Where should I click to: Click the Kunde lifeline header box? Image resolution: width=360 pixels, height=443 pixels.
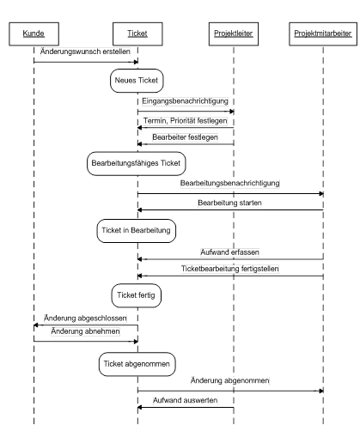pos(34,33)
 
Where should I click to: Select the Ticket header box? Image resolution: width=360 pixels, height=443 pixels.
pos(137,33)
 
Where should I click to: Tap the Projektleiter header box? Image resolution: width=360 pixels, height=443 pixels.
pos(234,33)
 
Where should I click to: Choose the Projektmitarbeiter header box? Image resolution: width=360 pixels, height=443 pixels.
pos(323,33)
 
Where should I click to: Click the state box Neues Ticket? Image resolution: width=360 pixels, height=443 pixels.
pos(137,81)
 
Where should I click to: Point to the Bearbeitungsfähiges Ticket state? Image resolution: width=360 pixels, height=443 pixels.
pos(136,163)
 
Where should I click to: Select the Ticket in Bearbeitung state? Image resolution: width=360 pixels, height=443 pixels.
pos(136,231)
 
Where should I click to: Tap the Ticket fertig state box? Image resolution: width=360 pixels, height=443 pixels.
pos(136,295)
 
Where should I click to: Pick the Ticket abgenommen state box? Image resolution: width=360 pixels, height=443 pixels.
pos(137,364)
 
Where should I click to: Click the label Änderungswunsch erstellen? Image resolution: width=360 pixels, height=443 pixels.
pos(85,52)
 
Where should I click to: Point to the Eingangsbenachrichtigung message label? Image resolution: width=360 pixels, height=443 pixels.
pos(185,101)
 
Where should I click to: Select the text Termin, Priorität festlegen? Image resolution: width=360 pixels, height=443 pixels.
pos(186,121)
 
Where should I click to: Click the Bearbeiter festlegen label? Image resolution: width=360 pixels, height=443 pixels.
pos(185,137)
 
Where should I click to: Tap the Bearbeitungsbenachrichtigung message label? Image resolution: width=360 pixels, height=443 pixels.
pos(230,183)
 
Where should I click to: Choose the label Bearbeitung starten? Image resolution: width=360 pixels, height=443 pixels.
pos(229,203)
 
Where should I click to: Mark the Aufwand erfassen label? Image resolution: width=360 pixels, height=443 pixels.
pos(229,252)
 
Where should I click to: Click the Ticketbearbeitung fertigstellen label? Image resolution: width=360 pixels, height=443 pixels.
pos(230,269)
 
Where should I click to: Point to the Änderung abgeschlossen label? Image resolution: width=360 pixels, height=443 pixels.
pos(85,319)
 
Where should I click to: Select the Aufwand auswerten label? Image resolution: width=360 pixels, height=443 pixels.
pos(185,400)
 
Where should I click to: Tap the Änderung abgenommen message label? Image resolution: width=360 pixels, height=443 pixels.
pos(230,380)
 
